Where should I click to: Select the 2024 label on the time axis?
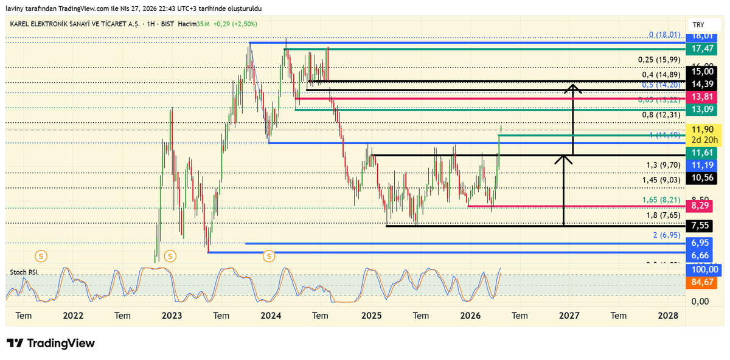click(x=271, y=316)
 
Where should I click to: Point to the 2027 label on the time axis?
click(x=569, y=316)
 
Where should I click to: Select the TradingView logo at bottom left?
click(x=51, y=343)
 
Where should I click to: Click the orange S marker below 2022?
click(x=41, y=256)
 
